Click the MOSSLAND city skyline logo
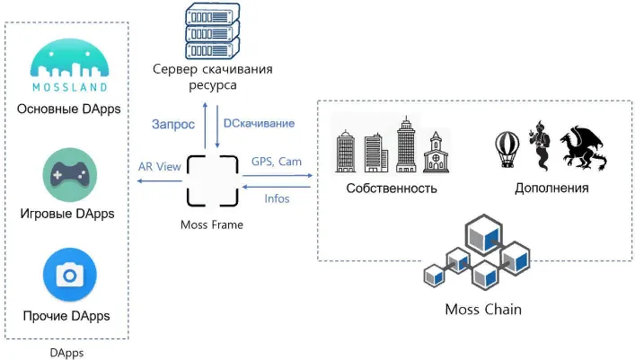[70, 65]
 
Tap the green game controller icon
[70, 175]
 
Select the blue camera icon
[70, 275]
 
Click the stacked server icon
[213, 31]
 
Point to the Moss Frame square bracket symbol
[213, 180]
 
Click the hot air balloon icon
[507, 149]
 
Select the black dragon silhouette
[584, 148]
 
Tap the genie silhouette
[540, 145]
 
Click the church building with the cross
[436, 153]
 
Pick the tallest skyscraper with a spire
[406, 145]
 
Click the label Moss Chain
[483, 310]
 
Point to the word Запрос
[173, 124]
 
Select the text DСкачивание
[260, 123]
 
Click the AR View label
[160, 166]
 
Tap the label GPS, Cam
[277, 162]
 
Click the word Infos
[277, 198]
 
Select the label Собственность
[392, 189]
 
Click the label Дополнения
[551, 189]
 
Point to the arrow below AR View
[160, 180]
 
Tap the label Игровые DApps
[67, 214]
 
